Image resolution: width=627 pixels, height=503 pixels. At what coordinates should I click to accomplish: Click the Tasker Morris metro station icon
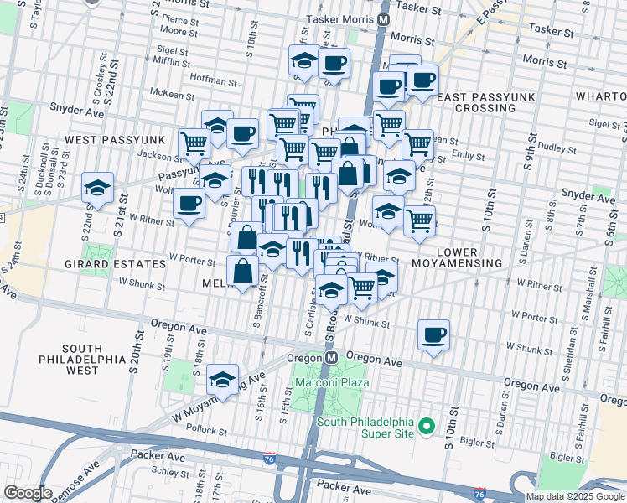pos(384,18)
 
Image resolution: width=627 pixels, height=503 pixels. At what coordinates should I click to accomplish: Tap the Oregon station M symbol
pos(331,357)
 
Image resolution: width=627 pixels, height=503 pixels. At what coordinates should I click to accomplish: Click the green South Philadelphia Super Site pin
pos(426,428)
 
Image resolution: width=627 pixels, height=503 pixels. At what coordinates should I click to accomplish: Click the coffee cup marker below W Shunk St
pos(433,335)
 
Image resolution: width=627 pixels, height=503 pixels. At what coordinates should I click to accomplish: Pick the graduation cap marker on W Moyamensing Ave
pos(223,379)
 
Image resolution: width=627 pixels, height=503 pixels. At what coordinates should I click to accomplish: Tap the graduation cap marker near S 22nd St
pos(98,188)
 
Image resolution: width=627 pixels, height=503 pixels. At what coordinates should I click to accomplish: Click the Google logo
pos(28,493)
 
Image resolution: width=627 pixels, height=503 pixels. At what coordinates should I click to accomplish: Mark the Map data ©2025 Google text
pos(575,496)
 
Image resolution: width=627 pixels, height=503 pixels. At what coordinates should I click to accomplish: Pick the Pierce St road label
pos(179,18)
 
